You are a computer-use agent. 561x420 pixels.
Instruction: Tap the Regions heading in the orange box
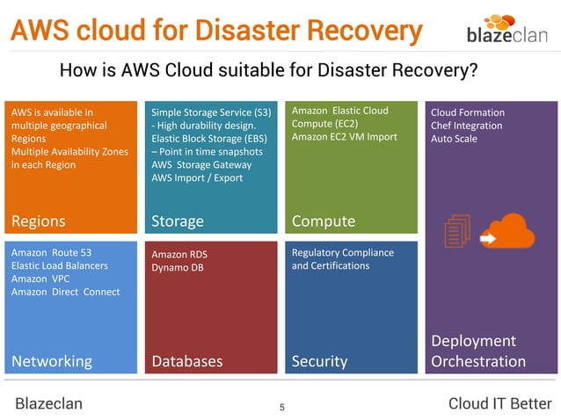tap(39, 220)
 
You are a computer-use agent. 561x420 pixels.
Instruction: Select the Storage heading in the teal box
tap(178, 221)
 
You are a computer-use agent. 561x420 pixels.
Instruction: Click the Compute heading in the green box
tap(323, 221)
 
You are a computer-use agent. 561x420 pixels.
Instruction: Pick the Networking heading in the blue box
tap(51, 361)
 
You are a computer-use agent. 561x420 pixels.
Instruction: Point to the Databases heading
tap(187, 361)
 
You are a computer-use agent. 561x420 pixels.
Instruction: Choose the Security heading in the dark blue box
tap(319, 361)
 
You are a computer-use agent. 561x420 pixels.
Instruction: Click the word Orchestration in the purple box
tap(477, 361)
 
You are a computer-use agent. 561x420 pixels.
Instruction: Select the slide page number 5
tap(281, 407)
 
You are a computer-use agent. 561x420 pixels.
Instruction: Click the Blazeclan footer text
tap(49, 403)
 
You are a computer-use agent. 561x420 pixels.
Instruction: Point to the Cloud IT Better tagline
tap(499, 403)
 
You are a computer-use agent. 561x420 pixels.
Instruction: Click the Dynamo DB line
tap(178, 267)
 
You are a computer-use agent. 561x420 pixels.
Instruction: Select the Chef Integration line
tap(466, 126)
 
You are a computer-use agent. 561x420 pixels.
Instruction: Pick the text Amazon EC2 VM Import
tap(344, 136)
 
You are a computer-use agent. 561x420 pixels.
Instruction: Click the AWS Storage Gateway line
tap(201, 164)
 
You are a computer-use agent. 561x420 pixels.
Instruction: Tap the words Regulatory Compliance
tap(342, 253)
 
